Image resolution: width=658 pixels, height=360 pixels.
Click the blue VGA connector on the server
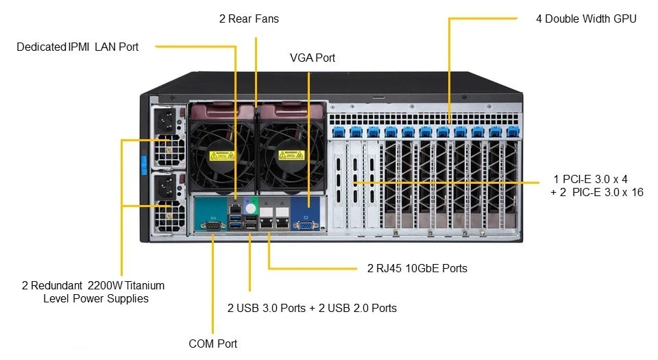point(306,226)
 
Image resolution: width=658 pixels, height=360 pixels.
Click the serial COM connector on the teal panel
point(212,226)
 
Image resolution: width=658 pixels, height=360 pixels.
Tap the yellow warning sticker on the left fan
point(222,155)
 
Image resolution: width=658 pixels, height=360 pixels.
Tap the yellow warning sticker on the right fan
point(291,155)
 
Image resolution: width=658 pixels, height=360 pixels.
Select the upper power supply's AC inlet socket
point(166,121)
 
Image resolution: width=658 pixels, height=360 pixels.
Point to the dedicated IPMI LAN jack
point(235,208)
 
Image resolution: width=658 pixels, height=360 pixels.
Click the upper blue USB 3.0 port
point(235,218)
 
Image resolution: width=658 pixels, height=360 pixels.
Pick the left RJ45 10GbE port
point(267,222)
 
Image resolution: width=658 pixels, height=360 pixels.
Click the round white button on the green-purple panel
point(251,208)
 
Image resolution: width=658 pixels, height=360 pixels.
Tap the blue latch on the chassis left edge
point(143,165)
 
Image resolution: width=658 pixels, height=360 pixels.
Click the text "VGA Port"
point(313,58)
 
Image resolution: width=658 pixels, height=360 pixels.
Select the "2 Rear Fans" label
point(249,19)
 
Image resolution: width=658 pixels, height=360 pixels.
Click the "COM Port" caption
point(212,344)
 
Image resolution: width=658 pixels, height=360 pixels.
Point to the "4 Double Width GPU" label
point(586,19)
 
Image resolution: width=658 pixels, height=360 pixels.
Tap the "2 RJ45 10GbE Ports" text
point(417,268)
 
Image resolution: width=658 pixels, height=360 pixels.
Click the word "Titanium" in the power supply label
point(145,285)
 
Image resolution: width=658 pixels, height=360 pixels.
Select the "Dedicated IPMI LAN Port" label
point(77,47)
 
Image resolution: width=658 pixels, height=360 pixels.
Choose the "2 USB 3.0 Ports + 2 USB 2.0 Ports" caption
point(312,308)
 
